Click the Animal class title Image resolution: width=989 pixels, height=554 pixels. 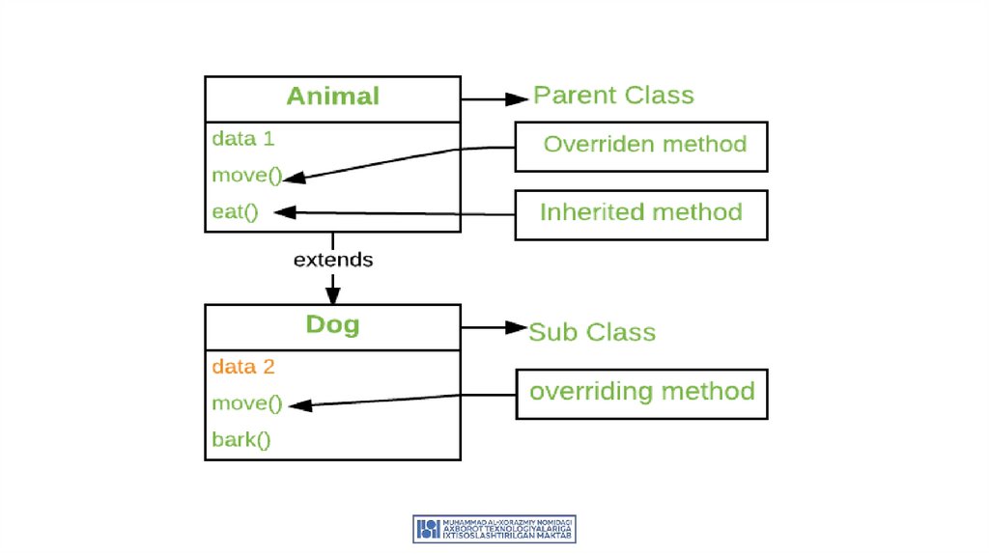(332, 97)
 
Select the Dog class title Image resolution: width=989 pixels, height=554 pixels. (332, 324)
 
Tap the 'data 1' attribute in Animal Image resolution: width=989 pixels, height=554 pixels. (243, 138)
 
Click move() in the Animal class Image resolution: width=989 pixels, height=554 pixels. (246, 176)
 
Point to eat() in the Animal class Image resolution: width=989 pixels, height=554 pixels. (236, 211)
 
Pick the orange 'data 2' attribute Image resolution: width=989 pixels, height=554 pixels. (243, 367)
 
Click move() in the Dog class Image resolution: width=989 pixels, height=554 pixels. (246, 403)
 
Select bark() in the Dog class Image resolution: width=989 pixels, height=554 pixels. (241, 440)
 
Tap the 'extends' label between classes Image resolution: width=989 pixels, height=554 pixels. (332, 260)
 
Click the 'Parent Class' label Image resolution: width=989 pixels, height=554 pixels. (613, 96)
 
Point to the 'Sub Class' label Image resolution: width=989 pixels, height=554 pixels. (592, 332)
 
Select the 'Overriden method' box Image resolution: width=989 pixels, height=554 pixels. (641, 146)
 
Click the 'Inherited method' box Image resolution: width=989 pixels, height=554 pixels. (641, 213)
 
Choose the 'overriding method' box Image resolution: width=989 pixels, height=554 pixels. (641, 393)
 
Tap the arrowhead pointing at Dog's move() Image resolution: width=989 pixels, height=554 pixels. (297, 405)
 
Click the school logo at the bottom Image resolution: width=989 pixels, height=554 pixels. (494, 528)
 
